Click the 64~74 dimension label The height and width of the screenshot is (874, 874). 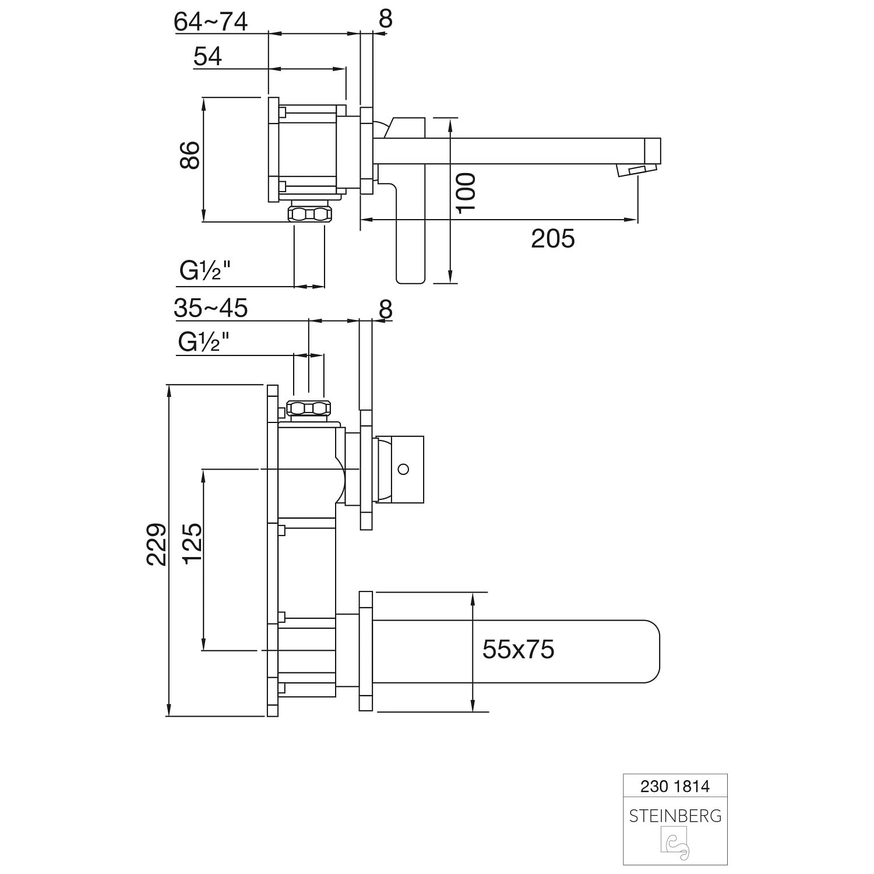click(211, 22)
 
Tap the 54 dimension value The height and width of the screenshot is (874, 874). click(208, 57)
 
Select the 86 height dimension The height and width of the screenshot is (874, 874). click(190, 155)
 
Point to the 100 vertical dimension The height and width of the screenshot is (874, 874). click(466, 193)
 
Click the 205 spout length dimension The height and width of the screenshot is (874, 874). click(552, 239)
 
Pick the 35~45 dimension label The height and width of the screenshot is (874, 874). click(211, 308)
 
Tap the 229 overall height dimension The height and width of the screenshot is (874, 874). click(156, 544)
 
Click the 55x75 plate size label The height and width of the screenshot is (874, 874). click(518, 649)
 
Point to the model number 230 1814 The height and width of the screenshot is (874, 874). click(675, 787)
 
